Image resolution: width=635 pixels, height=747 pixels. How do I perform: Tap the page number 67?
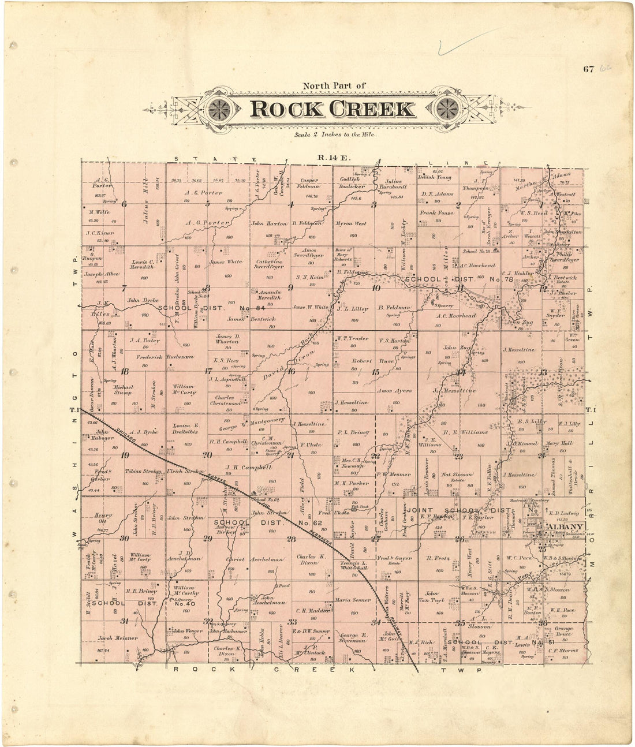(588, 70)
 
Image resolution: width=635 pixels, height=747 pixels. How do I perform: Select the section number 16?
(292, 371)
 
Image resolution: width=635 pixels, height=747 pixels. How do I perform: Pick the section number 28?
(291, 539)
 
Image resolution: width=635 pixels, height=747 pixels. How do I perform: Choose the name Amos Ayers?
(394, 391)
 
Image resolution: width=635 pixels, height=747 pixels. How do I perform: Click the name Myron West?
(351, 223)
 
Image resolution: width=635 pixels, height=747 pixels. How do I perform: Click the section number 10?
(376, 288)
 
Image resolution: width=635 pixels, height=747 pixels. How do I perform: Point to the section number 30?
(124, 539)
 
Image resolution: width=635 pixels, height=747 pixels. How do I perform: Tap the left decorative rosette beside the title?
(219, 108)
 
